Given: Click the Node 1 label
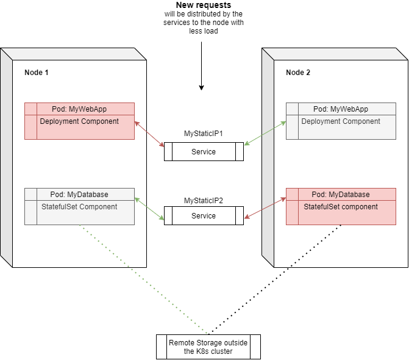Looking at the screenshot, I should tap(36, 73).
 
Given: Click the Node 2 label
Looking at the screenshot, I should tap(297, 73).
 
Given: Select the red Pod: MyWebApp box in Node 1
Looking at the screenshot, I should tap(79, 121).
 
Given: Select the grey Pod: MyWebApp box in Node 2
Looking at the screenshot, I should tap(341, 121).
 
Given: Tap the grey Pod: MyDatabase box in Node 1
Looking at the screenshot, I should tap(79, 206).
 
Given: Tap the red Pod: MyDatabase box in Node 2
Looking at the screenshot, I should tap(341, 206).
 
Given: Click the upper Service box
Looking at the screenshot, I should tap(204, 152).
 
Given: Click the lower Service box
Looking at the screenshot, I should tap(204, 216).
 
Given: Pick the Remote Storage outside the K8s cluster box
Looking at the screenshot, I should tap(208, 347).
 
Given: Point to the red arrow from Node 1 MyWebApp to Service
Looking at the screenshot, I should tap(149, 134).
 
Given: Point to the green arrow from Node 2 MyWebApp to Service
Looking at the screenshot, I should tap(265, 133).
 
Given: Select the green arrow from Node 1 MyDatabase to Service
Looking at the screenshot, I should tap(149, 209).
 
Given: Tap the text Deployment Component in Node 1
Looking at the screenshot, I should tap(79, 121).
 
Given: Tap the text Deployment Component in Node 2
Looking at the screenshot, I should tap(341, 121).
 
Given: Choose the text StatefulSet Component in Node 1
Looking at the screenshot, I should tap(79, 207).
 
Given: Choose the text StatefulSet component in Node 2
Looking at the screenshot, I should tap(341, 207).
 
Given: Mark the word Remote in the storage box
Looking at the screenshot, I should tap(181, 343).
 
